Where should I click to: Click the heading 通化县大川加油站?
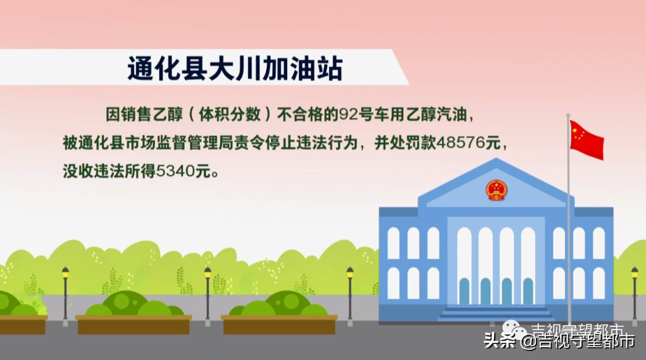coord(234,69)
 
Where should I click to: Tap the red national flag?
coord(586,139)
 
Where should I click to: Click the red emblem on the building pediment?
coord(496,190)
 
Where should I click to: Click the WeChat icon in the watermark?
coord(514,329)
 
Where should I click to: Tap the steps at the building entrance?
coord(495,313)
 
